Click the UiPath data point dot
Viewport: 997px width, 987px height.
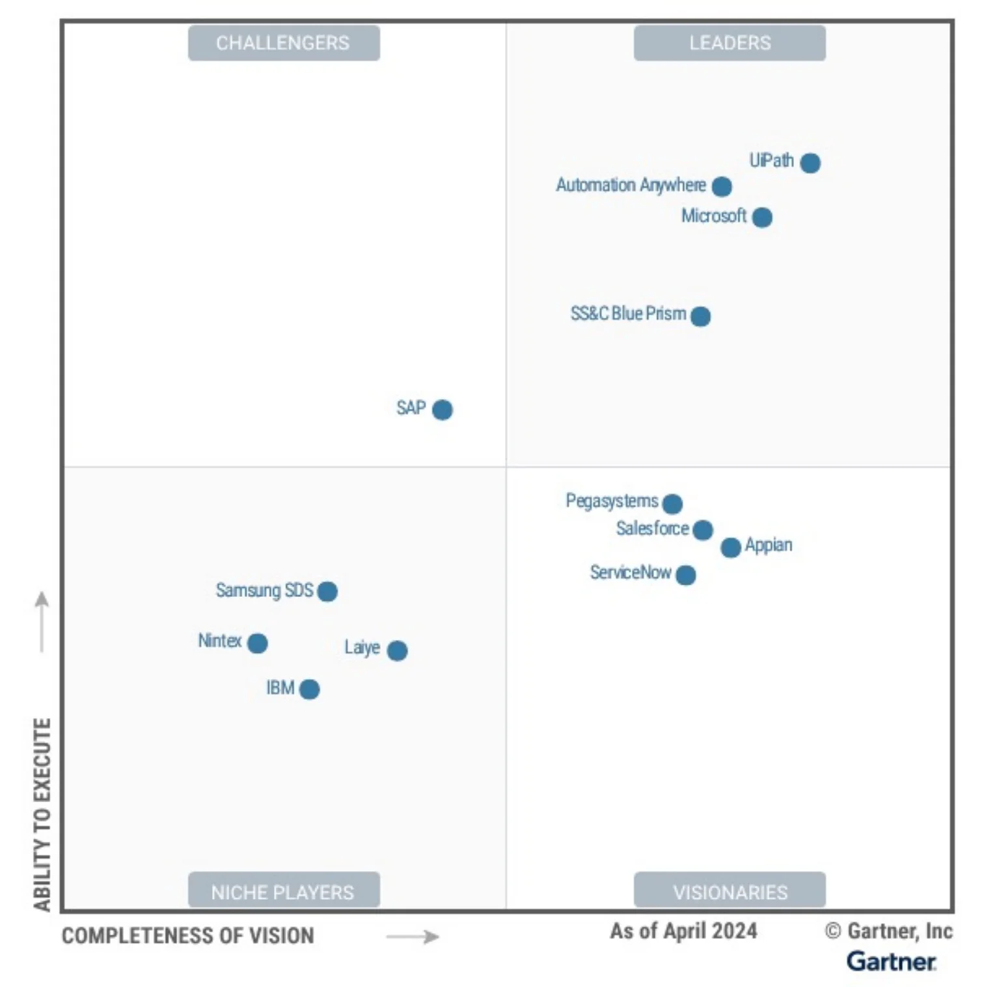click(810, 163)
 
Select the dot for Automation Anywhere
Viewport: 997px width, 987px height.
click(722, 187)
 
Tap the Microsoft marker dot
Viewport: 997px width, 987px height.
click(762, 217)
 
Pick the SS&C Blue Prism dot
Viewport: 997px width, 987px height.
click(701, 316)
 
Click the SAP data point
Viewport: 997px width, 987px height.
click(443, 410)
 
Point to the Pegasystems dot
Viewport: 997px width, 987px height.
click(672, 504)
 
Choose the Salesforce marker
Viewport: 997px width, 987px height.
click(703, 530)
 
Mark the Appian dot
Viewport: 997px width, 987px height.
click(731, 548)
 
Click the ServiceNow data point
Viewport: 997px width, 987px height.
click(686, 575)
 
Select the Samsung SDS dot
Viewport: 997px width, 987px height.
click(327, 592)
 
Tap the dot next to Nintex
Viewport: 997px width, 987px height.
click(258, 644)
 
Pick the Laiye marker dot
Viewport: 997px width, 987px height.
click(397, 650)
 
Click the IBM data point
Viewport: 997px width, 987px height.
click(310, 689)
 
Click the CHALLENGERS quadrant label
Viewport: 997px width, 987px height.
click(284, 43)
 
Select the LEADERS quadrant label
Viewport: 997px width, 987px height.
click(730, 43)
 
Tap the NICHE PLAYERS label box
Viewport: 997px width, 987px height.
click(284, 891)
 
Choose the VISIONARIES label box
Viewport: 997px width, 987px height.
click(730, 891)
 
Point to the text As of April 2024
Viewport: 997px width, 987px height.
click(683, 932)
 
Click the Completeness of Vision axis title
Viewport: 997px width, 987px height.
click(188, 936)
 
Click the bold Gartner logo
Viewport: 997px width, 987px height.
click(891, 962)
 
